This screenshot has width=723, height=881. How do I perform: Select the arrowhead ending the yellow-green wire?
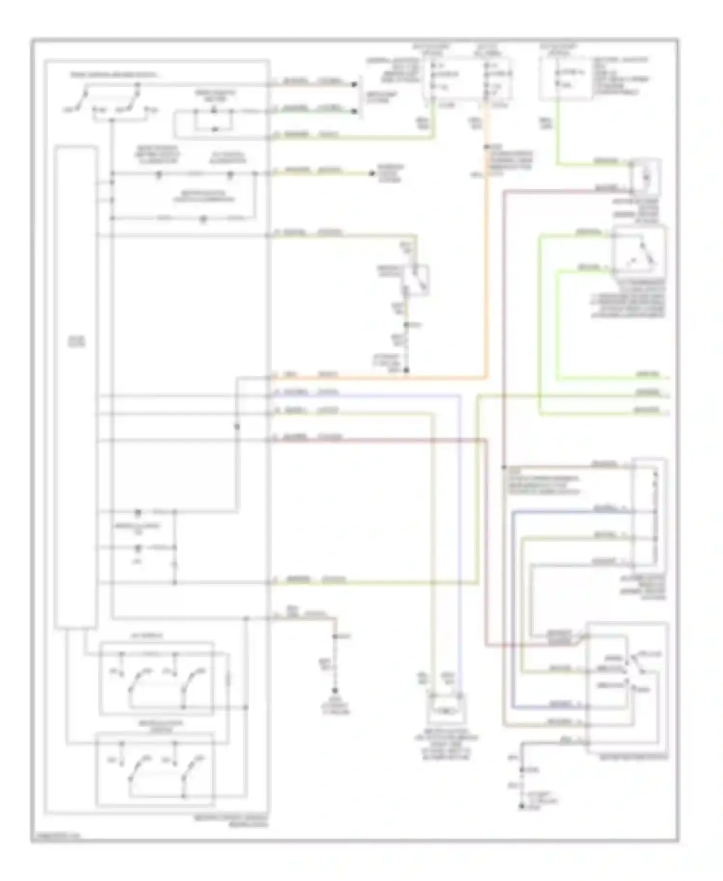coord(372,173)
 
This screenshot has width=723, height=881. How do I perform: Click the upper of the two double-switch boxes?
coord(156,678)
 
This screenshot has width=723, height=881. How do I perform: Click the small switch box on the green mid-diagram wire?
coord(417,280)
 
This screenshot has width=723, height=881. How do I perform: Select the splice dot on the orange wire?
coord(486,147)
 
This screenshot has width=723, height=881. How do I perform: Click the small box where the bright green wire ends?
coord(646,177)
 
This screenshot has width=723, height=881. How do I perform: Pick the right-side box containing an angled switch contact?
coord(639,252)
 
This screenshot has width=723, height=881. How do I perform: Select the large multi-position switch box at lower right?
coord(627,689)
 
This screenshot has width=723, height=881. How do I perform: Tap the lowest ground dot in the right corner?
coord(521,806)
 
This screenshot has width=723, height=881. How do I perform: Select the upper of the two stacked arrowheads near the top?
coord(355,84)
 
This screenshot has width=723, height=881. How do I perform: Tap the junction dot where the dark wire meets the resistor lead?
coord(503,467)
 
